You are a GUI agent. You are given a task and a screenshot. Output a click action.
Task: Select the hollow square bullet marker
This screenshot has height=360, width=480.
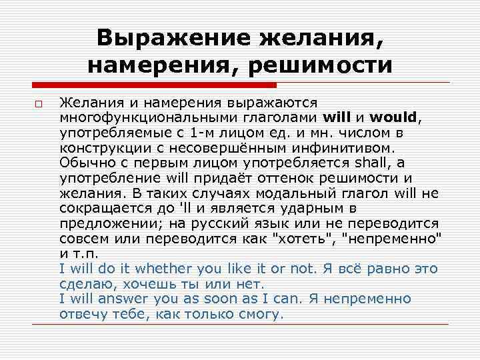(x=39, y=105)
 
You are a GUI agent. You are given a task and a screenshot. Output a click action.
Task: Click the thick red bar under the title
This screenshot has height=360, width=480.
(x=154, y=85)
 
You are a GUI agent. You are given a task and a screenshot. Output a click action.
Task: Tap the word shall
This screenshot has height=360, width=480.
(x=357, y=163)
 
